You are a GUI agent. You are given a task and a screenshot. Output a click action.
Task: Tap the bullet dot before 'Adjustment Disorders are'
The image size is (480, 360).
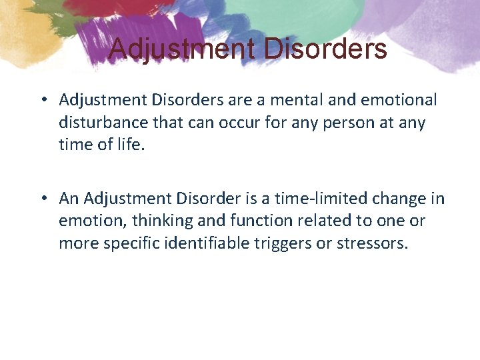[42, 100]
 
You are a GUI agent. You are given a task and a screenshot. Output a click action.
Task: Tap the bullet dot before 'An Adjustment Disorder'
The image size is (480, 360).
[42, 199]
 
